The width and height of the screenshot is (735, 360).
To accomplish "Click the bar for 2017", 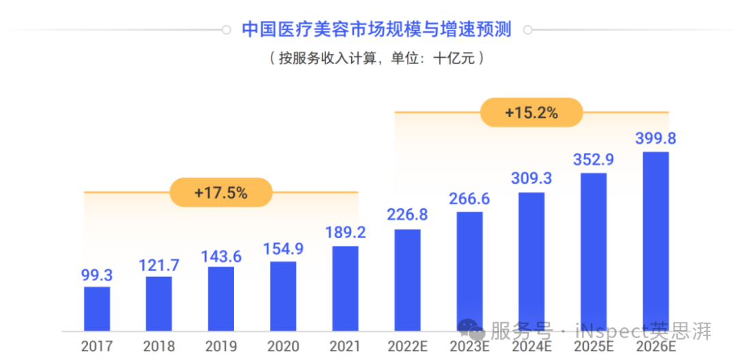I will pyautogui.click(x=97, y=309).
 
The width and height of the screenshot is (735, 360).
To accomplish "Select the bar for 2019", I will pyautogui.click(x=221, y=299).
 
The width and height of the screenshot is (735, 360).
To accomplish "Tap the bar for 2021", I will pyautogui.click(x=345, y=289).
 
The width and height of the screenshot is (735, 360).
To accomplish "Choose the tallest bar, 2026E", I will pyautogui.click(x=655, y=242).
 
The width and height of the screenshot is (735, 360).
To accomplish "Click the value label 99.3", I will pyautogui.click(x=97, y=275).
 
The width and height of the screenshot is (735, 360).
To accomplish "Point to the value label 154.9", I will pyautogui.click(x=283, y=249).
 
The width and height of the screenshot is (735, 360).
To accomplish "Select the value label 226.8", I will pyautogui.click(x=407, y=215).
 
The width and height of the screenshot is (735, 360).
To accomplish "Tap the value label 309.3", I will pyautogui.click(x=531, y=179).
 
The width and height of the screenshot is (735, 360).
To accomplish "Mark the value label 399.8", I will pyautogui.click(x=655, y=138).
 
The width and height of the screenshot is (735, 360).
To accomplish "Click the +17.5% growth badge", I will pyautogui.click(x=220, y=193).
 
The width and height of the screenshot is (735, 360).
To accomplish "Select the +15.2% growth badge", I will pyautogui.click(x=532, y=113).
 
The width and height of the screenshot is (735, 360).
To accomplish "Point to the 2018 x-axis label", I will pyautogui.click(x=159, y=346).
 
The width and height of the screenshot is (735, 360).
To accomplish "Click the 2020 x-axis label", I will pyautogui.click(x=283, y=346).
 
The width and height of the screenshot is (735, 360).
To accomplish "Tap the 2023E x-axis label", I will pyautogui.click(x=470, y=346).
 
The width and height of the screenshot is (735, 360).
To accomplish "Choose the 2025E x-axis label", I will pyautogui.click(x=593, y=346).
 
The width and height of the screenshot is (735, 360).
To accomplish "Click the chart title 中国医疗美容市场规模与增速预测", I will pyautogui.click(x=376, y=30).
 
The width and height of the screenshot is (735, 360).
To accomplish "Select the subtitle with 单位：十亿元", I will pyautogui.click(x=376, y=59).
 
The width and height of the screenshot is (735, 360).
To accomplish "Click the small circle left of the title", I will pyautogui.click(x=226, y=30).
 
